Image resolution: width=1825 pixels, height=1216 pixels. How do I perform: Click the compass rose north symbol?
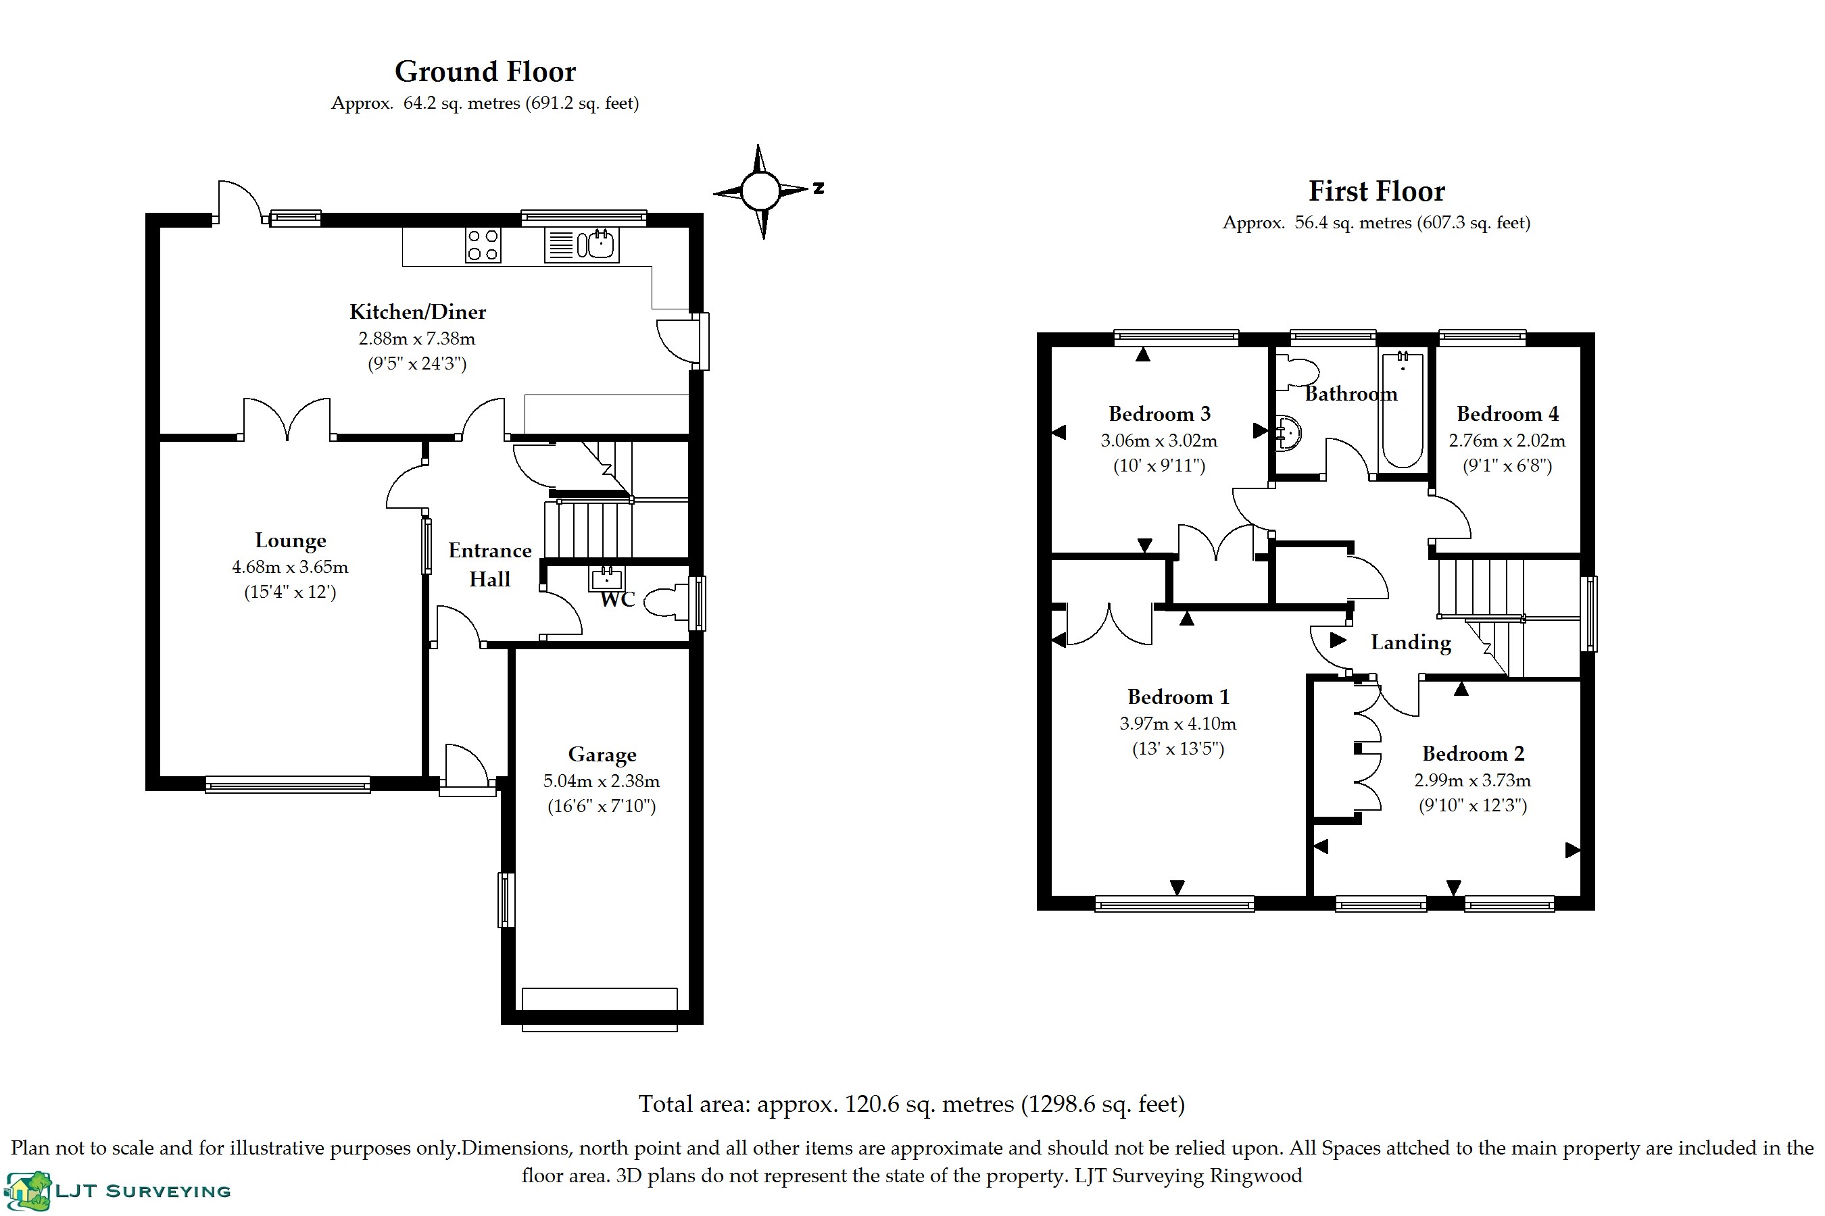[x=761, y=191]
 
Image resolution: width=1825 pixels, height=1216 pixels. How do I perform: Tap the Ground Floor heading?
[x=485, y=72]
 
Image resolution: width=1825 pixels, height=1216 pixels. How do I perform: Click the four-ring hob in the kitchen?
[x=483, y=245]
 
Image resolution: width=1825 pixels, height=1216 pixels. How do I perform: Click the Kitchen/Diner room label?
[x=418, y=311]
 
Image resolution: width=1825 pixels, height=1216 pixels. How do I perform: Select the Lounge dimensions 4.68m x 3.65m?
[x=290, y=567]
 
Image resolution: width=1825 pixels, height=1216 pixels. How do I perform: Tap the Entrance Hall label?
[x=489, y=565]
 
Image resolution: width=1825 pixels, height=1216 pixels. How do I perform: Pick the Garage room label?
[x=602, y=755]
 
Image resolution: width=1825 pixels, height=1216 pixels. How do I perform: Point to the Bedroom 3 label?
[x=1159, y=414]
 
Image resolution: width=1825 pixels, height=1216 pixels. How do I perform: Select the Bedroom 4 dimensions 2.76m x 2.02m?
[x=1507, y=440]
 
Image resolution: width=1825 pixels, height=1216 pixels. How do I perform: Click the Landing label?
[x=1411, y=643]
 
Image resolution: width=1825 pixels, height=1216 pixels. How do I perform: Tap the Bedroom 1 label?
[x=1178, y=697]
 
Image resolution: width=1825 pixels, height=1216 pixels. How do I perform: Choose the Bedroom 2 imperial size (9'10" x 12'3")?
[x=1473, y=805]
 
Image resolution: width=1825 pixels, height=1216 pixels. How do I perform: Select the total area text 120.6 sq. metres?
[x=911, y=1105]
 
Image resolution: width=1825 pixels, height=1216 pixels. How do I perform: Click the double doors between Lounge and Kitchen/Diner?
[x=287, y=420]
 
